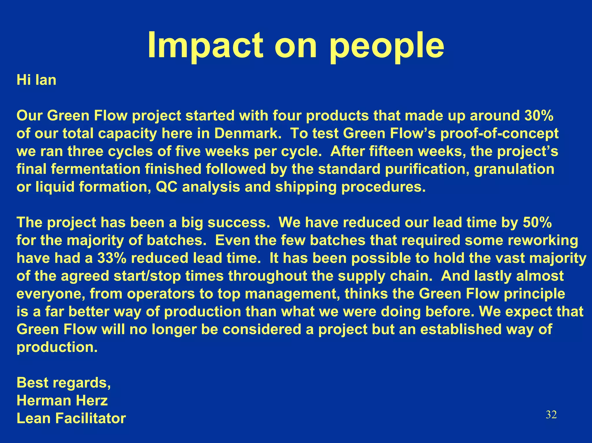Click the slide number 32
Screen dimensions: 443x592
[551, 415]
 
